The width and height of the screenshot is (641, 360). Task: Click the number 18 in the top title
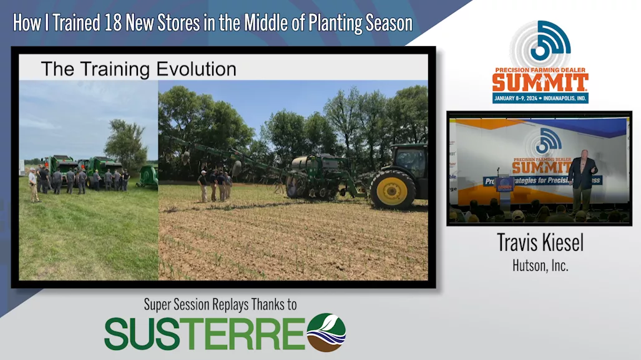pyautogui.click(x=110, y=23)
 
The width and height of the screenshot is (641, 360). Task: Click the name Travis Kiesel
pyautogui.click(x=540, y=243)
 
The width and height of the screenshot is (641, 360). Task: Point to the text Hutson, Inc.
pyautogui.click(x=540, y=265)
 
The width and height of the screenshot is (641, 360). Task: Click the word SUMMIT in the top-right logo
pyautogui.click(x=540, y=82)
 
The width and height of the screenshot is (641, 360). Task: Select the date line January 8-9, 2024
pyautogui.click(x=540, y=98)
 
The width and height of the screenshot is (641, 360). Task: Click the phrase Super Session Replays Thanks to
pyautogui.click(x=220, y=304)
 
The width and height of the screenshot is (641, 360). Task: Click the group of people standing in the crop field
pyautogui.click(x=214, y=185)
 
